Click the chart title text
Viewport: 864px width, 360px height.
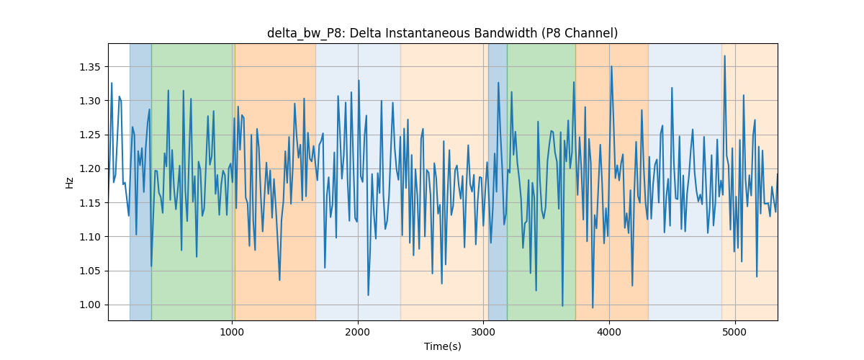pos(442,33)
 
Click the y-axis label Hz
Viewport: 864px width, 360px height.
pos(69,182)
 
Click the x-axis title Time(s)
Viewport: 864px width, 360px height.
pos(442,346)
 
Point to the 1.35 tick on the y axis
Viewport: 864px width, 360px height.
pos(89,67)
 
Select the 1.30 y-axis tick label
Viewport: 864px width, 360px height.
pos(89,101)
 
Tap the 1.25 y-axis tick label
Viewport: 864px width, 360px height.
pos(89,135)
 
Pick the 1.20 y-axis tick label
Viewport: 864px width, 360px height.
pos(89,169)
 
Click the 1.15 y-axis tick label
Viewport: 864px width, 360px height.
pos(89,203)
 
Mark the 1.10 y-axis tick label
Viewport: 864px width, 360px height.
pos(89,237)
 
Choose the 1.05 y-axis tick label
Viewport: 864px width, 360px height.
pos(89,271)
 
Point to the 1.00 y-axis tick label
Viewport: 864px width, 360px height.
pos(89,305)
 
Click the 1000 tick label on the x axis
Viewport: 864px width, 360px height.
pos(232,332)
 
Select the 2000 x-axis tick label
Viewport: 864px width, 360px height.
pos(358,332)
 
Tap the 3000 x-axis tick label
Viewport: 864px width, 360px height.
pos(483,332)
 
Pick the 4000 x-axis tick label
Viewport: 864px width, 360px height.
pos(609,332)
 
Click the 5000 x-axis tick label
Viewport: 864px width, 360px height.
pos(735,332)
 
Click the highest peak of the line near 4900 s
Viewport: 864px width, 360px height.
pos(725,56)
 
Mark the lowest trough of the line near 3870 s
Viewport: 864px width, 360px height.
pos(593,307)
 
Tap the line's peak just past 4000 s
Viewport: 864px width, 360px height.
pos(611,66)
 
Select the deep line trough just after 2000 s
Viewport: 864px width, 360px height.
pos(369,295)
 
